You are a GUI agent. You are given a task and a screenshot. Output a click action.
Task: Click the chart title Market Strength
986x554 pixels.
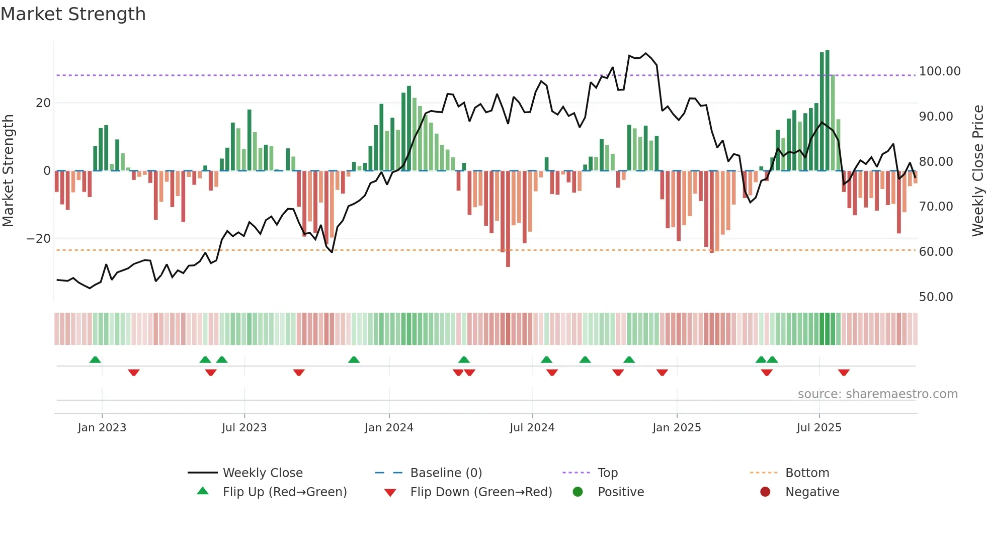[x=73, y=14]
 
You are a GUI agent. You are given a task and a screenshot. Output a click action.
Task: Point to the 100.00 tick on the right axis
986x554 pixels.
[x=939, y=71]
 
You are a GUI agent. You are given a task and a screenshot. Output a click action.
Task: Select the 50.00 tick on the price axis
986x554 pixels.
[x=936, y=297]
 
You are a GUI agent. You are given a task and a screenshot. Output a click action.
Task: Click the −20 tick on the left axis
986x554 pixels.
[x=39, y=239]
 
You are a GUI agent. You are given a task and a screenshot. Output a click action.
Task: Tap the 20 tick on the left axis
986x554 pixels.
[x=43, y=103]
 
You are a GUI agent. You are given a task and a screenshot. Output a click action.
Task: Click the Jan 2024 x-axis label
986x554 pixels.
[x=389, y=428]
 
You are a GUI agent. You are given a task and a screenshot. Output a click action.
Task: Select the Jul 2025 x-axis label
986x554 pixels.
[x=819, y=428]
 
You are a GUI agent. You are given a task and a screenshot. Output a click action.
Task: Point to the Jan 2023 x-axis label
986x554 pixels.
[x=102, y=428]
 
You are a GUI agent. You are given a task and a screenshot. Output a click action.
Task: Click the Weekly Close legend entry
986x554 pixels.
[x=262, y=473]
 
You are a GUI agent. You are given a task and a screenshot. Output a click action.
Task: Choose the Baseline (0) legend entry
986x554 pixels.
[x=446, y=473]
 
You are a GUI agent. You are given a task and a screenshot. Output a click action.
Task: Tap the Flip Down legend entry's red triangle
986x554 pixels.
[x=390, y=493]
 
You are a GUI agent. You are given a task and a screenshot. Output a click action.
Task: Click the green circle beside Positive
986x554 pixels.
[x=578, y=492]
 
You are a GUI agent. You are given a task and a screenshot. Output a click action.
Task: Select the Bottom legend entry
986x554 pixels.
[x=807, y=473]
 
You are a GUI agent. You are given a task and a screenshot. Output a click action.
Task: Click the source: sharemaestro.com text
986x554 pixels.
[x=877, y=394]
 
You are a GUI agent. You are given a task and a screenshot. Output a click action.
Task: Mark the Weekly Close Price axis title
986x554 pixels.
[x=977, y=171]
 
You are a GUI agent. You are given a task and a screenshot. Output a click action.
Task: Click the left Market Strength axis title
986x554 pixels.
[x=9, y=171]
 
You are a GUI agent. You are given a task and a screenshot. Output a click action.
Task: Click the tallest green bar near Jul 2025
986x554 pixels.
[x=827, y=111]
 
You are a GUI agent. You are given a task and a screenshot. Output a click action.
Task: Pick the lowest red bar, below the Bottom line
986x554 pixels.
[x=508, y=219]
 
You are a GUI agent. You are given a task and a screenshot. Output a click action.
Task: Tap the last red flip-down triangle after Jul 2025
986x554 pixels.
[x=844, y=373]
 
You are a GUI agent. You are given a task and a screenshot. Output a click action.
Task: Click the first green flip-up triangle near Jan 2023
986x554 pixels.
[x=95, y=359]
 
